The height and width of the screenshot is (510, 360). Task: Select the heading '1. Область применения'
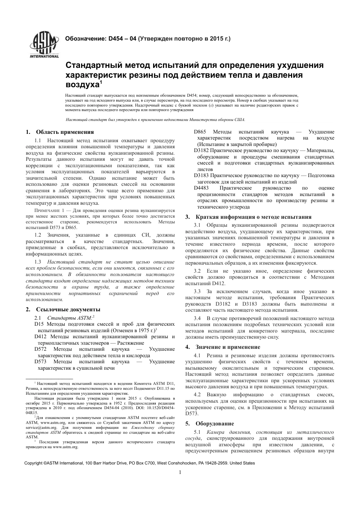tap(60, 132)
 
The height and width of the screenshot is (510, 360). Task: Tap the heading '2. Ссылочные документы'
tap(63, 309)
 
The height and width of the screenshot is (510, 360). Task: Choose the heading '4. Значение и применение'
tap(223, 347)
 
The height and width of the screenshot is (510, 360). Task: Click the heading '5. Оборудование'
tap(210, 424)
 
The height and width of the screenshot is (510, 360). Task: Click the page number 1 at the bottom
tap(180, 472)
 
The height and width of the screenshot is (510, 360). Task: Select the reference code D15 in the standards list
tap(39, 324)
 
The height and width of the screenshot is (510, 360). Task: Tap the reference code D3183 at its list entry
tap(201, 176)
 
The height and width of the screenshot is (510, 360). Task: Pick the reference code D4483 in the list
tap(202, 188)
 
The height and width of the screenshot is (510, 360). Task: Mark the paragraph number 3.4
tap(197, 318)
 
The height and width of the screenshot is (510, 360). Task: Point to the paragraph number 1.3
tap(38, 262)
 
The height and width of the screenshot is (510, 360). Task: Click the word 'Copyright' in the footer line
tap(33, 463)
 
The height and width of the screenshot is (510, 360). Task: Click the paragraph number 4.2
tap(197, 395)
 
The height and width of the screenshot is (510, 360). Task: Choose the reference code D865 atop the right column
tap(200, 132)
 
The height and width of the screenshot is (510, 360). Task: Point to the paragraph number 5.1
tap(197, 432)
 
